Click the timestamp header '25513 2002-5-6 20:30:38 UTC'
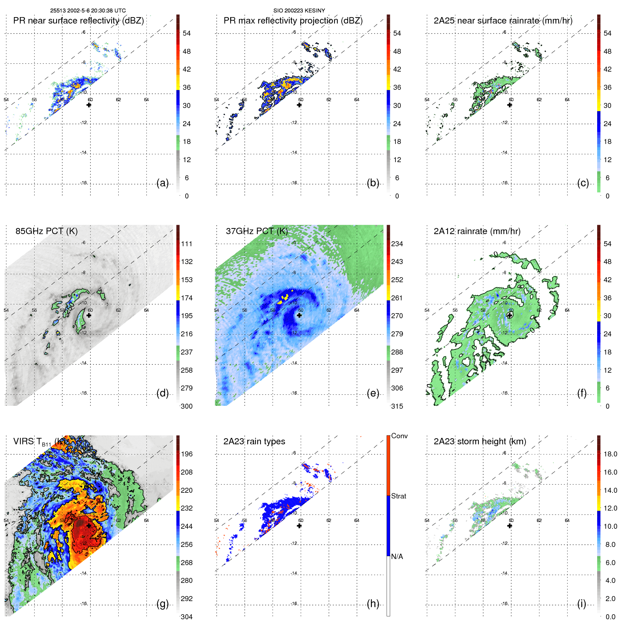pyautogui.click(x=88, y=11)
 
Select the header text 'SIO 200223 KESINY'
pyautogui.click(x=299, y=11)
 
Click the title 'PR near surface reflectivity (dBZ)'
pyautogui.click(x=78, y=21)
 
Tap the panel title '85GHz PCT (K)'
pyautogui.click(x=46, y=231)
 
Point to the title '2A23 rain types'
pyautogui.click(x=254, y=441)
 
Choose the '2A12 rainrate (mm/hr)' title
pyautogui.click(x=477, y=231)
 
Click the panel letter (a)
pyautogui.click(x=162, y=183)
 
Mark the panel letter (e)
pyautogui.click(x=373, y=393)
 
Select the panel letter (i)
pyautogui.click(x=581, y=604)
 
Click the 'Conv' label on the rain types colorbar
pyautogui.click(x=399, y=436)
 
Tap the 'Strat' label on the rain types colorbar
pyautogui.click(x=398, y=496)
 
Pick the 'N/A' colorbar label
pyautogui.click(x=397, y=557)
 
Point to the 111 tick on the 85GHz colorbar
pyautogui.click(x=186, y=244)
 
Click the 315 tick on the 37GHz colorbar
pyautogui.click(x=397, y=406)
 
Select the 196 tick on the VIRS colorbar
pyautogui.click(x=186, y=454)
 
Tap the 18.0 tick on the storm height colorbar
pyautogui.click(x=610, y=454)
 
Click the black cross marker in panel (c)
pyautogui.click(x=510, y=105)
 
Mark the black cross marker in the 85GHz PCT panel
pyautogui.click(x=89, y=315)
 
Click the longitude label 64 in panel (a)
pyautogui.click(x=146, y=100)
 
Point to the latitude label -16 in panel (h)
pyautogui.click(x=294, y=604)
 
